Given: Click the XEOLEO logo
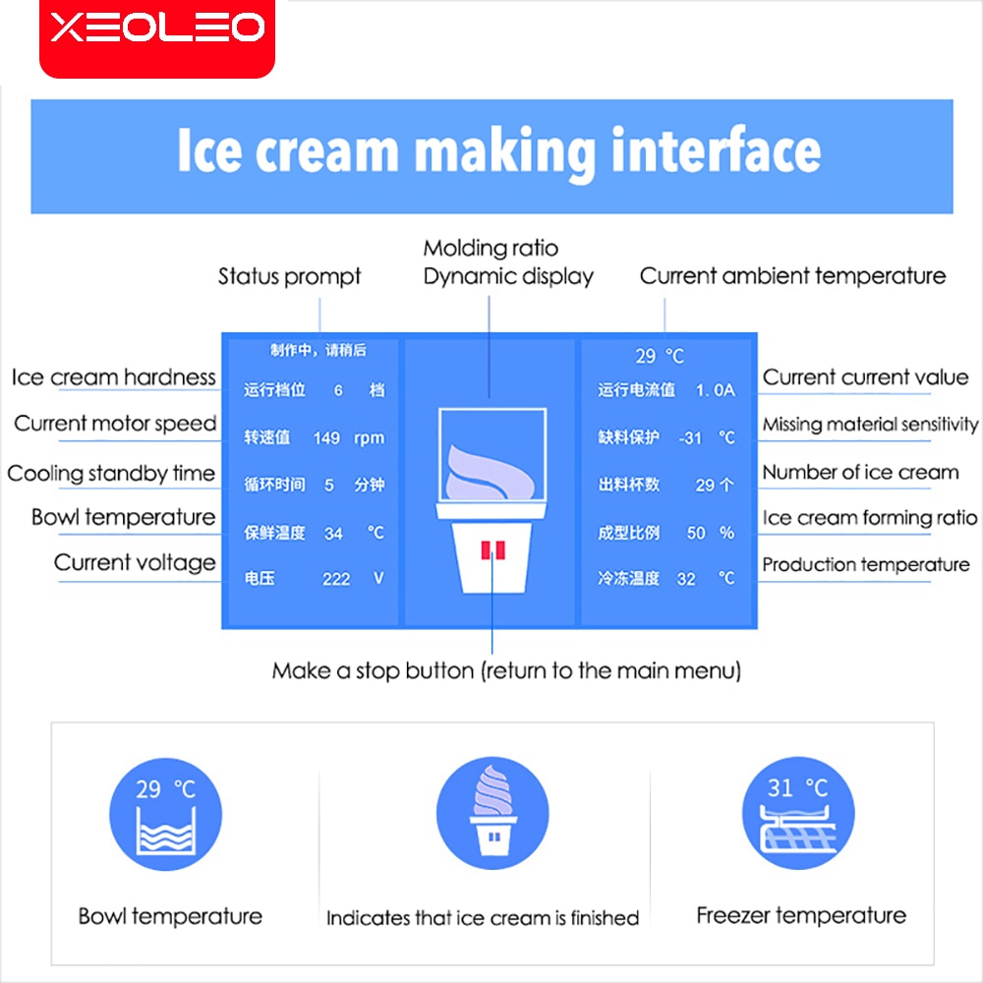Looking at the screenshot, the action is pyautogui.click(x=157, y=29).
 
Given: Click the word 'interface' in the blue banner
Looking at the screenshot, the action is pyautogui.click(x=716, y=149).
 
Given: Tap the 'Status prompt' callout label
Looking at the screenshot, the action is pyautogui.click(x=289, y=276).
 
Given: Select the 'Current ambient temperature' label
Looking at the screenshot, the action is pyautogui.click(x=792, y=276).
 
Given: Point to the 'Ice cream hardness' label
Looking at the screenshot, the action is pyautogui.click(x=113, y=376).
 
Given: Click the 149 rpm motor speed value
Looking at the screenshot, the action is pyautogui.click(x=349, y=437).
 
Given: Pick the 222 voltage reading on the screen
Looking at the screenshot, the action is pyautogui.click(x=336, y=579).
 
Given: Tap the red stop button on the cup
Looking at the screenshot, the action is pyautogui.click(x=492, y=549).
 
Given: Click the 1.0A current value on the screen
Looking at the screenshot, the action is pyautogui.click(x=715, y=390).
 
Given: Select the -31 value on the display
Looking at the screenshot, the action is pyautogui.click(x=690, y=437).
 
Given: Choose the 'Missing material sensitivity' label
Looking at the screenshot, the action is pyautogui.click(x=870, y=425).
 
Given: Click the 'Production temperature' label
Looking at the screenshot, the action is pyautogui.click(x=866, y=565).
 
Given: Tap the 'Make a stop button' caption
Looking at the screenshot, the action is pyautogui.click(x=506, y=670).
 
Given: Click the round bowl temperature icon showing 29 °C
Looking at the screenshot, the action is pyautogui.click(x=165, y=814).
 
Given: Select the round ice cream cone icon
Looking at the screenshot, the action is pyautogui.click(x=492, y=813).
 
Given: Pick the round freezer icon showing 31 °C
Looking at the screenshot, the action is pyautogui.click(x=798, y=813).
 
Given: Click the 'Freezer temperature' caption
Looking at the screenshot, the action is pyautogui.click(x=801, y=916).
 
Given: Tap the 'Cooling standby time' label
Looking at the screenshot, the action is pyautogui.click(x=111, y=474).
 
